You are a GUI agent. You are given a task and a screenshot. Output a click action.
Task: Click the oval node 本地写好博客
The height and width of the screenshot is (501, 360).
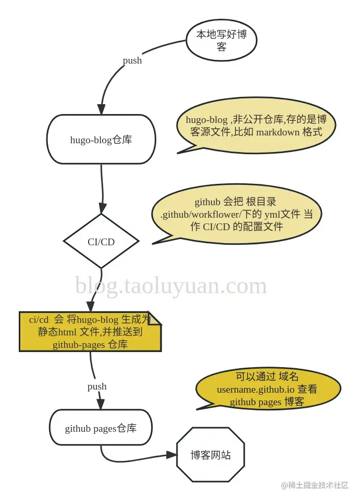[x=221, y=41]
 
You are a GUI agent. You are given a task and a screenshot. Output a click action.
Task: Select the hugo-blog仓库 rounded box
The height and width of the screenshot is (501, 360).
[x=102, y=140]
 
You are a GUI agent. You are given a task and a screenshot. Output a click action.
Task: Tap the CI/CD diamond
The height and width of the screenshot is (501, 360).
[x=101, y=242]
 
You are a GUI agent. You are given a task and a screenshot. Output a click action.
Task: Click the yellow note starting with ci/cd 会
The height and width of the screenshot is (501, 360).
[x=90, y=332]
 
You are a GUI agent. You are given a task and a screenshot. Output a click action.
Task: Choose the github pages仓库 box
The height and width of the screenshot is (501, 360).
[x=101, y=429]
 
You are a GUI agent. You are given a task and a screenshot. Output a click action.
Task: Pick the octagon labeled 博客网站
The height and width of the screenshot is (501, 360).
[x=210, y=455]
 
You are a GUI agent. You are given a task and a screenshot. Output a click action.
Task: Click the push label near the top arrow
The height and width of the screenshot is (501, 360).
[x=132, y=60]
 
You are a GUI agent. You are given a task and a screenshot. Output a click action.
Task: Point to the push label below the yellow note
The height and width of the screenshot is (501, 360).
[x=97, y=386]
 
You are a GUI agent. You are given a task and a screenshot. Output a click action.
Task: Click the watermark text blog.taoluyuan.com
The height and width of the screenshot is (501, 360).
[x=171, y=286]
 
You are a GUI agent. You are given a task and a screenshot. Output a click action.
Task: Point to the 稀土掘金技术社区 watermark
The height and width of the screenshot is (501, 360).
[x=315, y=485]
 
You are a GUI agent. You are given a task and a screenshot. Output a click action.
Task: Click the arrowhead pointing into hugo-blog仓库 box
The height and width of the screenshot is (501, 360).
[x=102, y=109]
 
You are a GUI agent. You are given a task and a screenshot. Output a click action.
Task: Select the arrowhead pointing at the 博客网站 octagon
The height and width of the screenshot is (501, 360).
[x=172, y=455]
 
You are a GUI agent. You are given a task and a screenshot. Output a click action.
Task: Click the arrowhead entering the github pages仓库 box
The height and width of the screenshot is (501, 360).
[x=101, y=404]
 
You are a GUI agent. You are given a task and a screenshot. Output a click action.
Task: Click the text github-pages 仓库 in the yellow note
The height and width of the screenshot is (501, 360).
[x=90, y=344]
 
